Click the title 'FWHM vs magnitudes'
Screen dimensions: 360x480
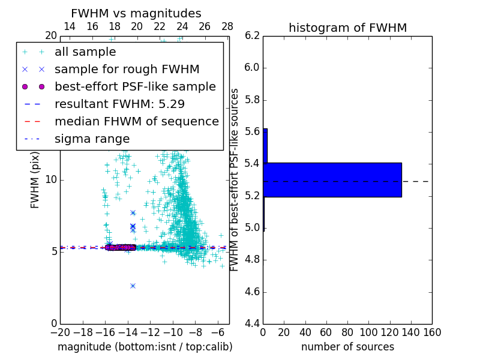[x=136, y=13]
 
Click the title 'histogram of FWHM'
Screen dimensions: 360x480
[x=347, y=28]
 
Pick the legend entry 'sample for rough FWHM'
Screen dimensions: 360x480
[x=127, y=69]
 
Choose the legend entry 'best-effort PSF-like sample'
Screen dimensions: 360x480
[x=135, y=86]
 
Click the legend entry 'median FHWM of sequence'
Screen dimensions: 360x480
[x=136, y=121]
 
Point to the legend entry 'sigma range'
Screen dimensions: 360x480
[x=92, y=139]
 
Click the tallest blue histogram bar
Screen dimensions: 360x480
[x=332, y=179]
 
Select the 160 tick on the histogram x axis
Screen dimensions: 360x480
[x=432, y=332]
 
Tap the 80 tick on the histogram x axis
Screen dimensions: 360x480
[x=347, y=332]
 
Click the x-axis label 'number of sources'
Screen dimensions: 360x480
[x=347, y=347]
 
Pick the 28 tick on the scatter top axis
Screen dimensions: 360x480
[x=227, y=26]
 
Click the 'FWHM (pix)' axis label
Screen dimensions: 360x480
[x=35, y=180]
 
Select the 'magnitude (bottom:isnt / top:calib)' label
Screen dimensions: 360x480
[x=145, y=347]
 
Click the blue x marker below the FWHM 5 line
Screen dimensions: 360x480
[x=133, y=286]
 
